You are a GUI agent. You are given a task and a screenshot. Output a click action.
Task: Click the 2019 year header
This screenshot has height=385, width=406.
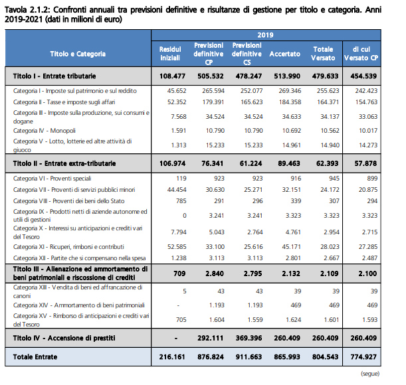(265, 35)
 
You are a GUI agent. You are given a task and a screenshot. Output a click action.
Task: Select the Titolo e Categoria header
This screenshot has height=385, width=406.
(78, 54)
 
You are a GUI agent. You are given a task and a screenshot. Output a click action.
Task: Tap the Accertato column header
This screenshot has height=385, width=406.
(285, 54)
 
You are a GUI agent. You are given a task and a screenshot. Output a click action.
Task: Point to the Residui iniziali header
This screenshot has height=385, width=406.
(170, 54)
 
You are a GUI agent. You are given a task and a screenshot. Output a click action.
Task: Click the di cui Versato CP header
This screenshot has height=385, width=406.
(361, 54)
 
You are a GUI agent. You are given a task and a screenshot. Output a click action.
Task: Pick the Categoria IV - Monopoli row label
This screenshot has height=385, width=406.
(45, 131)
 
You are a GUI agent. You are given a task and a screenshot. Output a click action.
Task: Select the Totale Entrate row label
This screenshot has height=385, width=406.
(35, 357)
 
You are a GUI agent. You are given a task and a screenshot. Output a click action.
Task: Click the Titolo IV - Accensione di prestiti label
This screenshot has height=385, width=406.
(64, 338)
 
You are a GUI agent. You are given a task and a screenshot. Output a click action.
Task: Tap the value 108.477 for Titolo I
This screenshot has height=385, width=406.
(173, 76)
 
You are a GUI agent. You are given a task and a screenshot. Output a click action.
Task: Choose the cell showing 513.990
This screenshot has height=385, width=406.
(287, 76)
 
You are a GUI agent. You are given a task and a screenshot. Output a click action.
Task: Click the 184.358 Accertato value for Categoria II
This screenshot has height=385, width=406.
(290, 102)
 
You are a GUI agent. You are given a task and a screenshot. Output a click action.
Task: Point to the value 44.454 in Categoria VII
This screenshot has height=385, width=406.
(177, 190)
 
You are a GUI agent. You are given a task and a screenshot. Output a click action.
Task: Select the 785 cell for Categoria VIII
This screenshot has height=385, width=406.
(181, 201)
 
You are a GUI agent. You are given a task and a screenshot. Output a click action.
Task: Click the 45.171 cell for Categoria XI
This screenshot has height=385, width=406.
(292, 246)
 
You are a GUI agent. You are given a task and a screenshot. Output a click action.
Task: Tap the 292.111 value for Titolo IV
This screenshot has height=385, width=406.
(210, 338)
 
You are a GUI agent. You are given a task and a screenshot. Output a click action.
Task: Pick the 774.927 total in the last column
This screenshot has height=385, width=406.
(363, 357)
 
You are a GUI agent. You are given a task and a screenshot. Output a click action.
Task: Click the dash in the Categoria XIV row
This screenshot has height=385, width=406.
(178, 305)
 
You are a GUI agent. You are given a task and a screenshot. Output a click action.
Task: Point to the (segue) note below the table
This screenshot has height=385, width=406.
(370, 374)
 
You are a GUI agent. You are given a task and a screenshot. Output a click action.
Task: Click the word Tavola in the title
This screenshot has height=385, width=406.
(16, 10)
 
